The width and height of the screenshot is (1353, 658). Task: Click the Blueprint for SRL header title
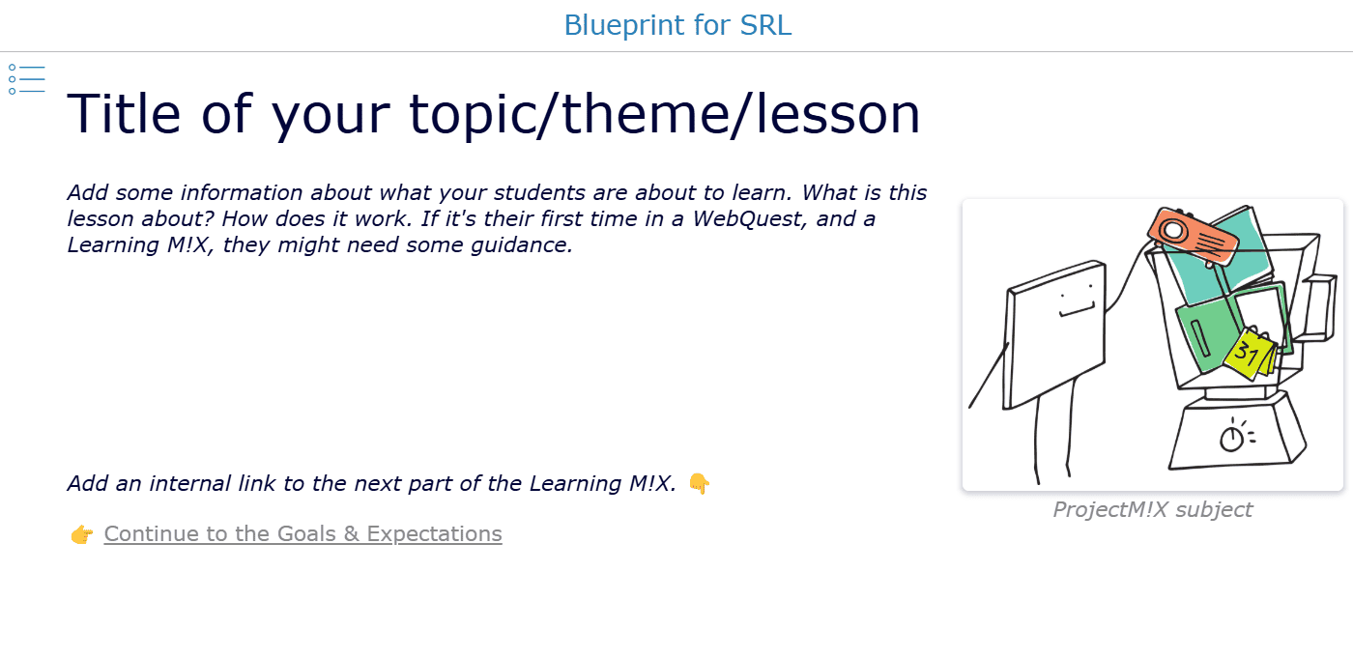[677, 25]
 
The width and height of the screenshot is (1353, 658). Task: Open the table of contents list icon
[27, 79]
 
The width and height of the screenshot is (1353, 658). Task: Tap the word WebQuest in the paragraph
[750, 218]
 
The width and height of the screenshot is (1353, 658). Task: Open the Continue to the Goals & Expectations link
[302, 533]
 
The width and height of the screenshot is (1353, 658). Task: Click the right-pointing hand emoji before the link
[81, 534]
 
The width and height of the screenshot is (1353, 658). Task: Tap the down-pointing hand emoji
[699, 483]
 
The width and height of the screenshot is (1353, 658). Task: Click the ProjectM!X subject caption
[1152, 509]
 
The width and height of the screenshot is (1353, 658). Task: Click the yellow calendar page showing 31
[1249, 354]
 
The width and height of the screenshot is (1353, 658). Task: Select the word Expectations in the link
[434, 534]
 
